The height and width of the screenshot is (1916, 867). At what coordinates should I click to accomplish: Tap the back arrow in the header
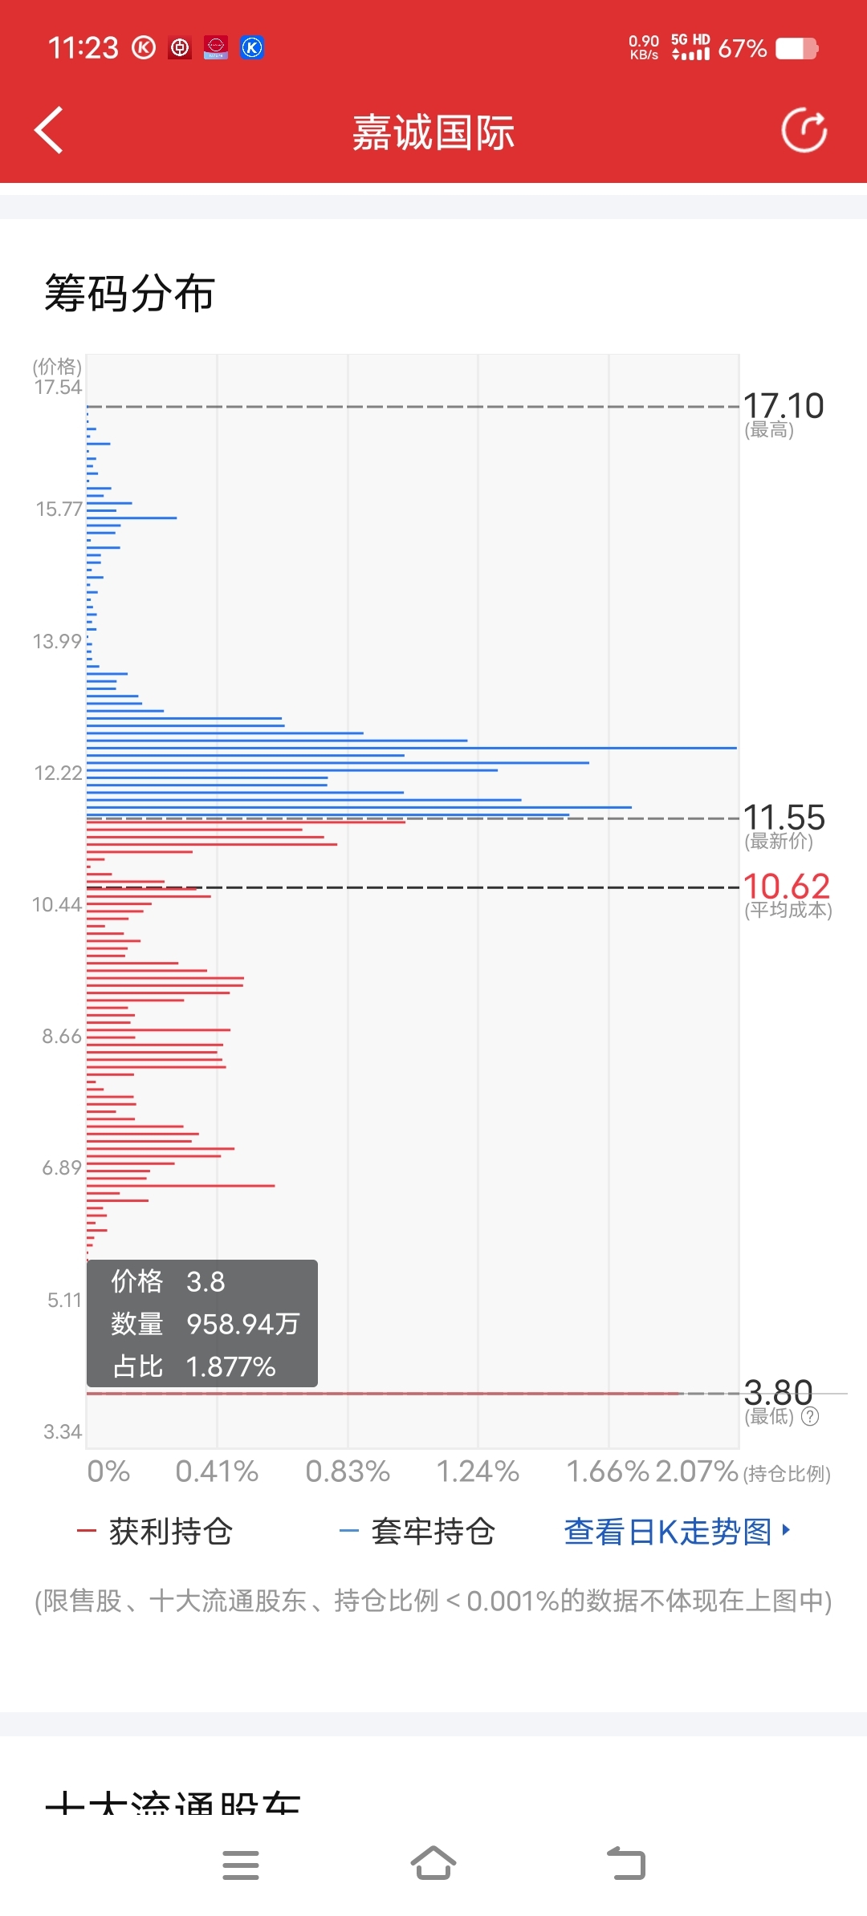click(49, 130)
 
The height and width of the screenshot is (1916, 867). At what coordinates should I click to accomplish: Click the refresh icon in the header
click(804, 130)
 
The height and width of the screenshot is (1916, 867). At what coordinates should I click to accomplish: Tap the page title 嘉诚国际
click(433, 132)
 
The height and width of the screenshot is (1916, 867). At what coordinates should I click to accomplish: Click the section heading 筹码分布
click(129, 293)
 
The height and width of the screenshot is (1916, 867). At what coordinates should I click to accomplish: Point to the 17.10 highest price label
click(784, 406)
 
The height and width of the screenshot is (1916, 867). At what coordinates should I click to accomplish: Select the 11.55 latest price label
click(784, 818)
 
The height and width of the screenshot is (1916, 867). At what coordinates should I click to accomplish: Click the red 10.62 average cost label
click(786, 887)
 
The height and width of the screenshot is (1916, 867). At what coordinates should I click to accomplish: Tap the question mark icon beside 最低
click(810, 1416)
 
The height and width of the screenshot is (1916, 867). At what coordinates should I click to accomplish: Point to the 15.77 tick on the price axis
click(59, 509)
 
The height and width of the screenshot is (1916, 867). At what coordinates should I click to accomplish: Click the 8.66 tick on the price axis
click(62, 1036)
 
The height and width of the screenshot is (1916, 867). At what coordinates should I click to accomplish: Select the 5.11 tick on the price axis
click(64, 1300)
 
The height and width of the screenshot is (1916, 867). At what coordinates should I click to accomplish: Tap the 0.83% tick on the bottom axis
click(348, 1472)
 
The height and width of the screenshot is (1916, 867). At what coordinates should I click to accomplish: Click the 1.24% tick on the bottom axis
click(478, 1472)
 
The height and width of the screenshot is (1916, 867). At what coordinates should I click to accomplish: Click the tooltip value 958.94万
click(242, 1324)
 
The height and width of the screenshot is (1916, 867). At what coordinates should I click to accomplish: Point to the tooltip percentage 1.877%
click(230, 1366)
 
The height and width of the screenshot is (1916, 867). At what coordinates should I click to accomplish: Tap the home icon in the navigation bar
click(433, 1863)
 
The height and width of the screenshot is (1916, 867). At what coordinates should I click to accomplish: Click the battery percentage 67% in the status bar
click(742, 49)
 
